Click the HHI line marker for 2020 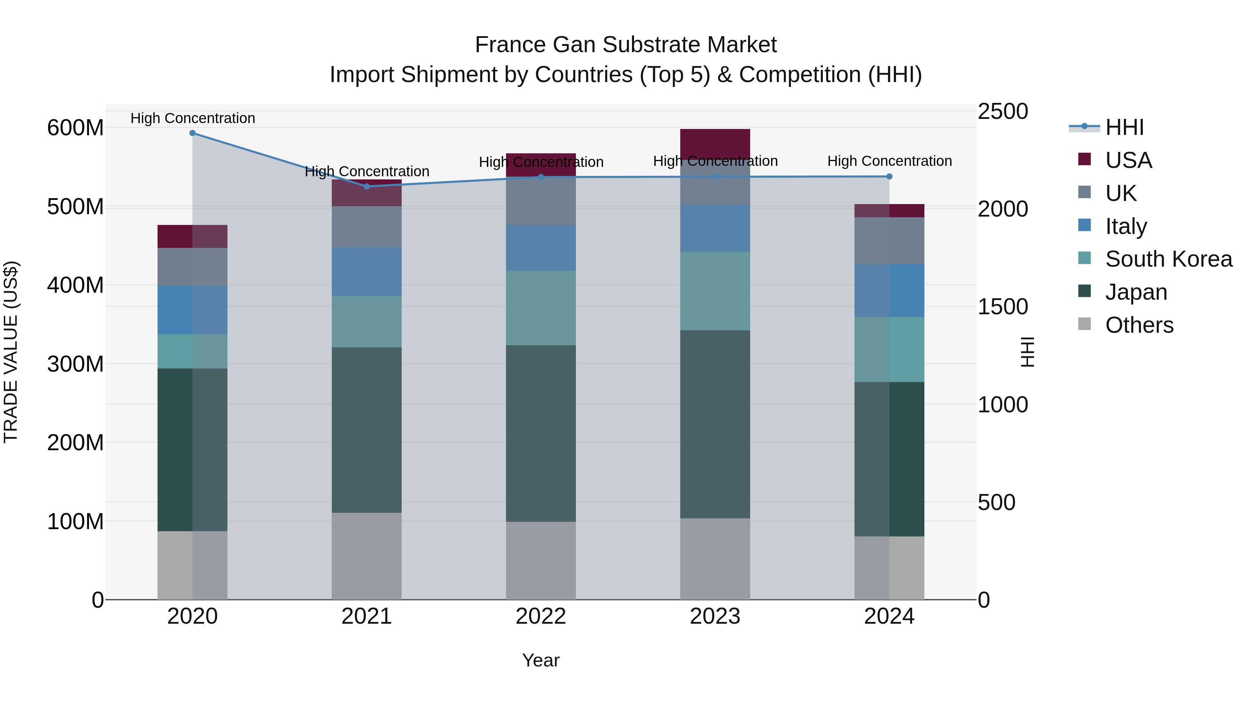tap(192, 133)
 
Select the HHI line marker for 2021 tap(367, 187)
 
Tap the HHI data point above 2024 tap(889, 177)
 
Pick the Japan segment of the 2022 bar tap(540, 434)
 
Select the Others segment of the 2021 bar tap(367, 556)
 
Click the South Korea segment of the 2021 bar tap(367, 322)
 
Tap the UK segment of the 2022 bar tap(540, 201)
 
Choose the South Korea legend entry tap(1169, 259)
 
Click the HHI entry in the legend tap(1124, 128)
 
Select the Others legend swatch tap(1084, 324)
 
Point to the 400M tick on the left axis tap(75, 285)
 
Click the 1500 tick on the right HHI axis tap(1002, 307)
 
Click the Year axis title tap(540, 661)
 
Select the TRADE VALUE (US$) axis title tap(11, 352)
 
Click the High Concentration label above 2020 tap(192, 118)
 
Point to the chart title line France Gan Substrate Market tap(626, 45)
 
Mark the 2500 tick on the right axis tap(1002, 112)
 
